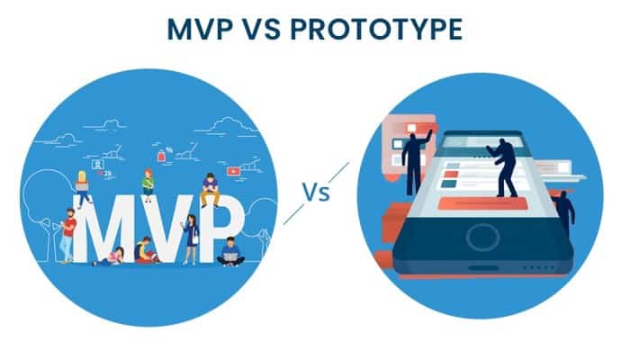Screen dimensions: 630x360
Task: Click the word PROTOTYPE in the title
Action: [376, 30]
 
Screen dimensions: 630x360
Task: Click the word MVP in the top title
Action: [200, 30]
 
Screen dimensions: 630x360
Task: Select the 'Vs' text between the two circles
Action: [316, 192]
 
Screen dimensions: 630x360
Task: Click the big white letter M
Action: [103, 229]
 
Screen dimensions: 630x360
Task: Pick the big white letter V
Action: [166, 229]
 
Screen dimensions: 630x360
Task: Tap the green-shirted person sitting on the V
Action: [148, 184]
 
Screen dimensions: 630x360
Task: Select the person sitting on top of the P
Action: [210, 189]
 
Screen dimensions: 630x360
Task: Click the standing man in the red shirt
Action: [68, 236]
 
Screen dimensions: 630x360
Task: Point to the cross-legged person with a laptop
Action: [230, 252]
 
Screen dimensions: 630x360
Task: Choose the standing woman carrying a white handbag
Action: [191, 239]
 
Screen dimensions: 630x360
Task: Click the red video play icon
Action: [233, 172]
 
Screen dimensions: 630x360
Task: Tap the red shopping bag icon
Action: [161, 156]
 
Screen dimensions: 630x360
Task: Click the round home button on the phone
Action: [483, 238]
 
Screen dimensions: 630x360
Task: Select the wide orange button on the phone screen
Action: [482, 203]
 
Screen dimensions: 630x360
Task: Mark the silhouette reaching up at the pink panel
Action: [415, 162]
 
